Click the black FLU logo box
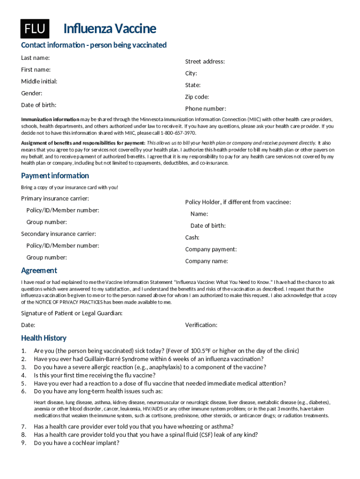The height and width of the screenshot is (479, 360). point(35,29)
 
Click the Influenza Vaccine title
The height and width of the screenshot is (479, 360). point(109,29)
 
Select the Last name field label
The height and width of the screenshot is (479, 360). point(36,58)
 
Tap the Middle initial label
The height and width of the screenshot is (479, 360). point(39,81)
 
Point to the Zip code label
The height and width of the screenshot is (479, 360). point(197,97)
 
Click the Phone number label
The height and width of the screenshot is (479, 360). point(205,109)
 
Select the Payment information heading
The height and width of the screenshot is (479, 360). point(55,175)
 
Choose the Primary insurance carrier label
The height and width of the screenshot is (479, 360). point(55,198)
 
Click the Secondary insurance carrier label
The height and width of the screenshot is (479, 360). point(58,233)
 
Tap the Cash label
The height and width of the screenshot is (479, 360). point(192,238)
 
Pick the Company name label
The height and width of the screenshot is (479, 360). point(206,261)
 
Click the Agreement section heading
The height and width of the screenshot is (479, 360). point(39,270)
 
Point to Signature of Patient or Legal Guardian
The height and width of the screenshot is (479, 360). point(72,313)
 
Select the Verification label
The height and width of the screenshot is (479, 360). point(201,325)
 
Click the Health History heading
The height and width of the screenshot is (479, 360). point(43,338)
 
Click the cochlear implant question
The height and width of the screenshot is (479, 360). point(77,443)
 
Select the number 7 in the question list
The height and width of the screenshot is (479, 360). point(23,426)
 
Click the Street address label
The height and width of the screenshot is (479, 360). point(205,61)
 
